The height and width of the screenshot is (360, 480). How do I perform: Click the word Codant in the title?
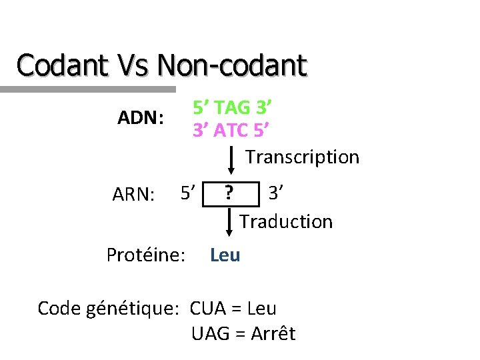click(x=62, y=65)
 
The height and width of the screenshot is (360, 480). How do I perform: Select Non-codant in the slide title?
click(x=232, y=65)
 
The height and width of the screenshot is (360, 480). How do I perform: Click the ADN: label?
click(x=141, y=118)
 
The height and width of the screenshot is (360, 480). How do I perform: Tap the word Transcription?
click(x=302, y=157)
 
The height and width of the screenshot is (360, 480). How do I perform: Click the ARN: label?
click(x=134, y=195)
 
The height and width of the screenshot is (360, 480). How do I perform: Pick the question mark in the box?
click(x=229, y=193)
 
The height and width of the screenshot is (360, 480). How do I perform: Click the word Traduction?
click(x=286, y=221)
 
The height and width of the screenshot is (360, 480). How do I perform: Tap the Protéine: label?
click(x=146, y=255)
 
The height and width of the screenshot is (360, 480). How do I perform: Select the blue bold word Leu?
click(x=225, y=255)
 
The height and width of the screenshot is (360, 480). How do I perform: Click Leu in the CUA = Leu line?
click(x=261, y=309)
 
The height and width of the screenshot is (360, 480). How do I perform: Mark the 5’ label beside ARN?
click(x=187, y=193)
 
